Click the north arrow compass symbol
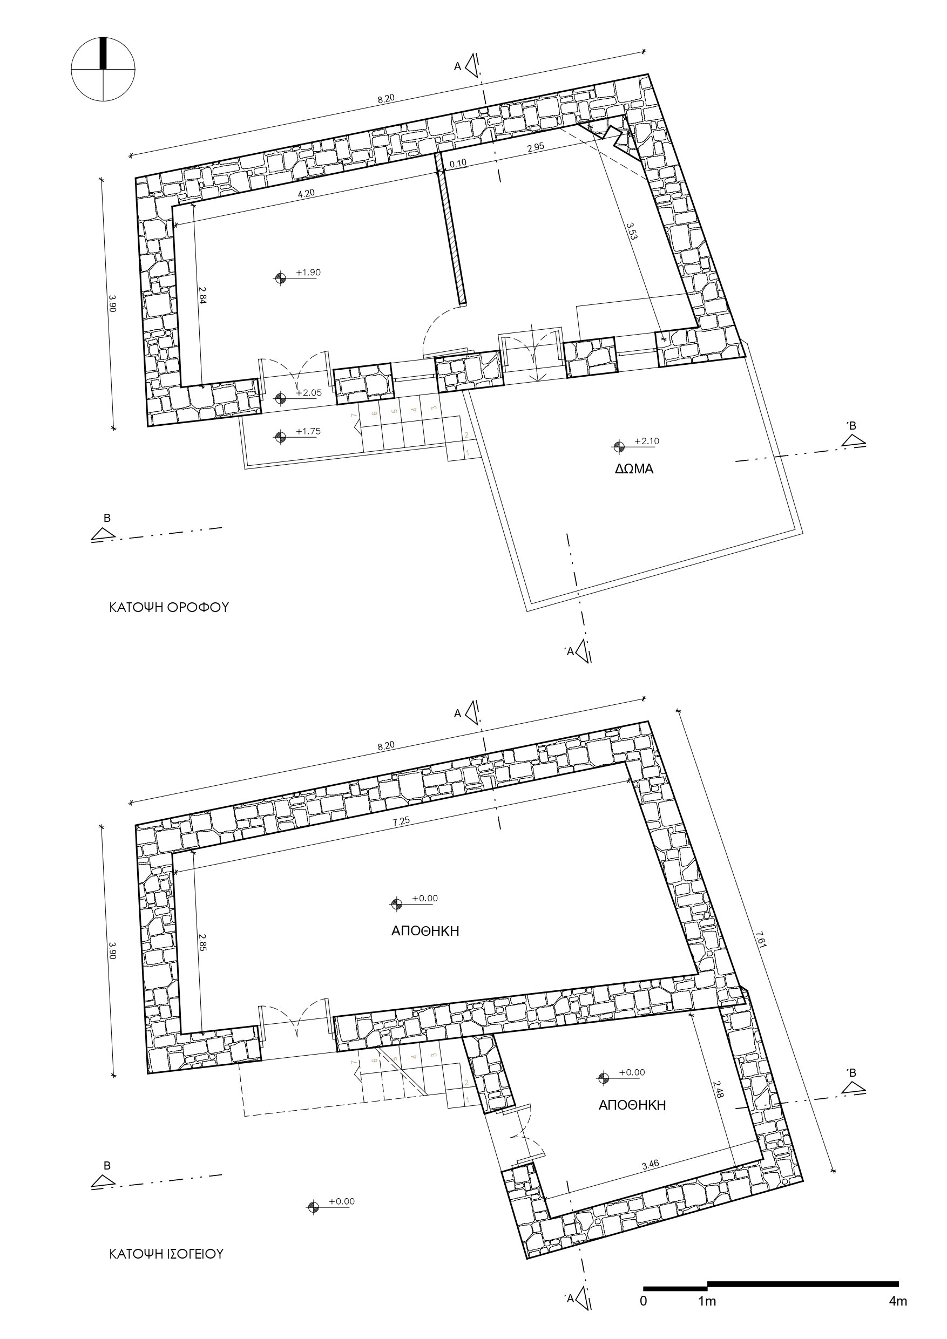pos(103,70)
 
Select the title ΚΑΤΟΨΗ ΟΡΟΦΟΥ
pos(168,607)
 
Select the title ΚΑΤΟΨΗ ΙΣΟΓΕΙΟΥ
pos(166,1254)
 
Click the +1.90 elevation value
pos(308,273)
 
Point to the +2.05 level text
pos(309,392)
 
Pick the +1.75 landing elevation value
pos(308,432)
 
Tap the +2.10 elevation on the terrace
pos(646,441)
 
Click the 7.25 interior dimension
pos(402,821)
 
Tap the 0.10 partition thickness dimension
pos(458,164)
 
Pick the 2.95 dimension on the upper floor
pos(536,147)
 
